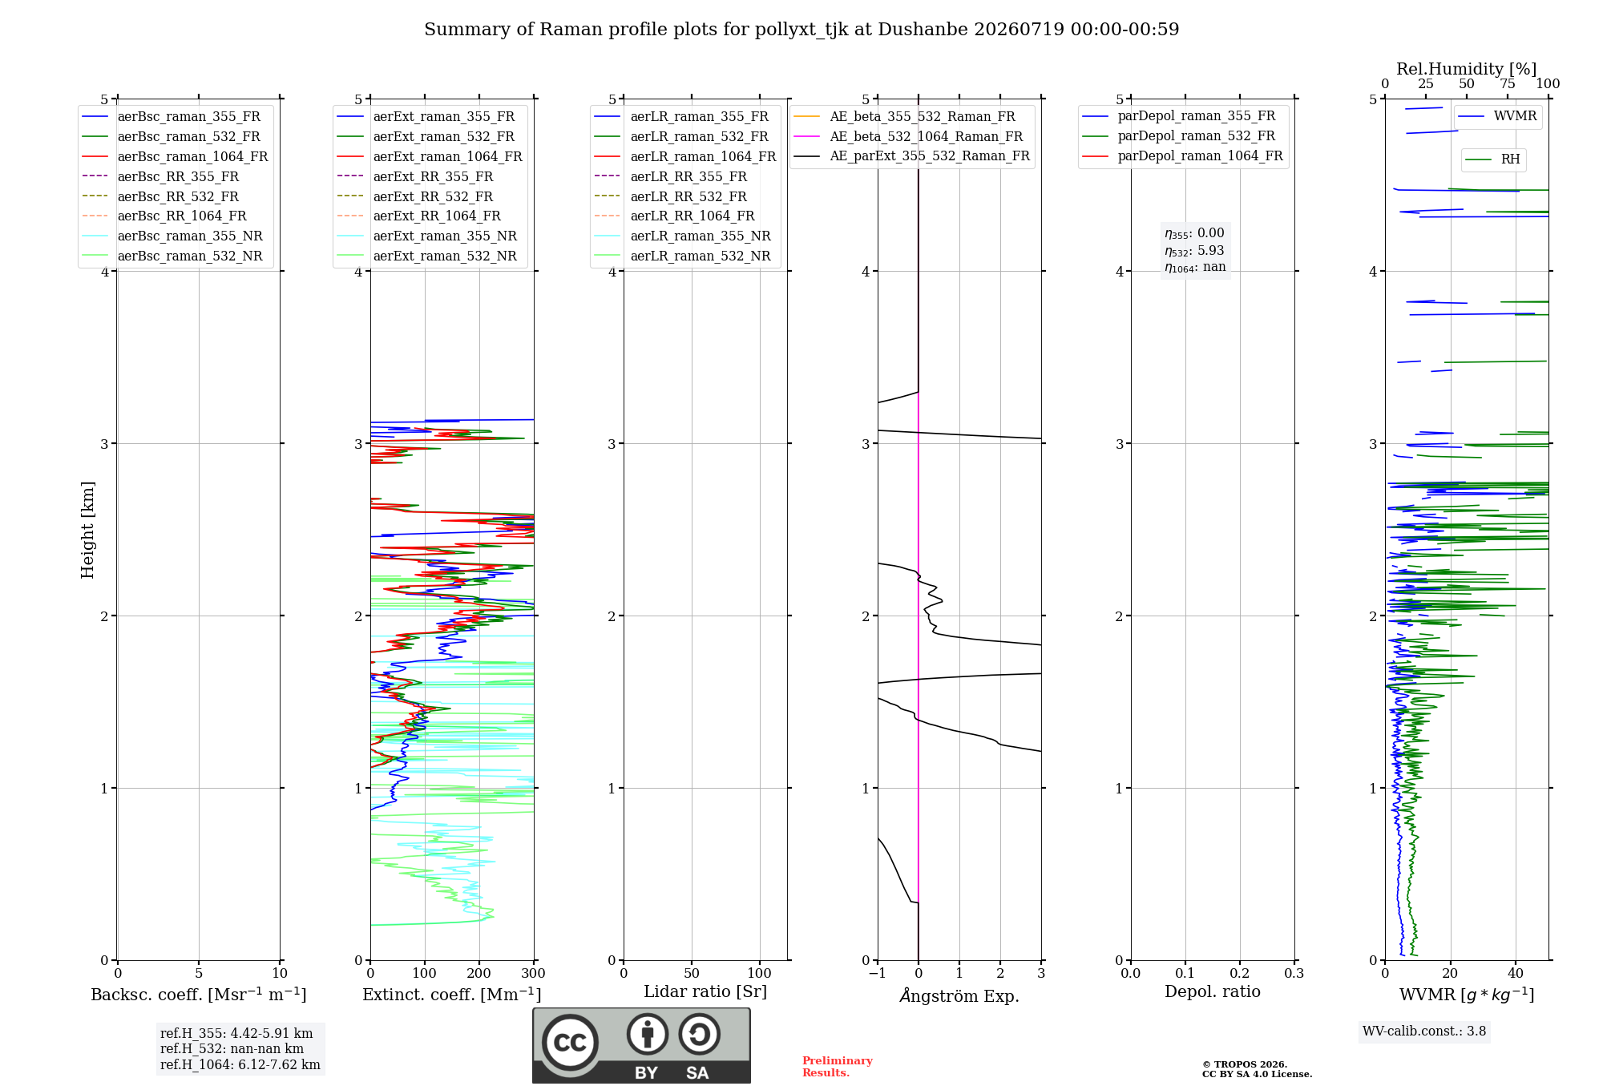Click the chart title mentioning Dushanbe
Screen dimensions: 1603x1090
(x=801, y=30)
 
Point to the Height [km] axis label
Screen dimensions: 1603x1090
(x=87, y=530)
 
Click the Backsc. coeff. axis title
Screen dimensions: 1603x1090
(x=199, y=995)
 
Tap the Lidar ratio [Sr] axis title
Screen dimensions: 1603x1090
(x=705, y=992)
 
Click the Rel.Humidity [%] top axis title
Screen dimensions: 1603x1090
(x=1467, y=69)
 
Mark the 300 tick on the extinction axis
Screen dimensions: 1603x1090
(x=534, y=973)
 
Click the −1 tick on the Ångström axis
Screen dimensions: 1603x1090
(x=878, y=973)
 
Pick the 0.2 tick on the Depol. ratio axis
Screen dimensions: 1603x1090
(x=1240, y=973)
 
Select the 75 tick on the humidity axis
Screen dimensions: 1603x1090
(x=1508, y=84)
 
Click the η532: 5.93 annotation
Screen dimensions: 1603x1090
(x=1194, y=251)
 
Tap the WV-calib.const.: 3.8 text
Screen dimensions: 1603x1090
(x=1424, y=1031)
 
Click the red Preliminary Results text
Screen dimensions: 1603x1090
(x=838, y=1067)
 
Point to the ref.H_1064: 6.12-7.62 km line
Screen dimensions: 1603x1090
(x=240, y=1065)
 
